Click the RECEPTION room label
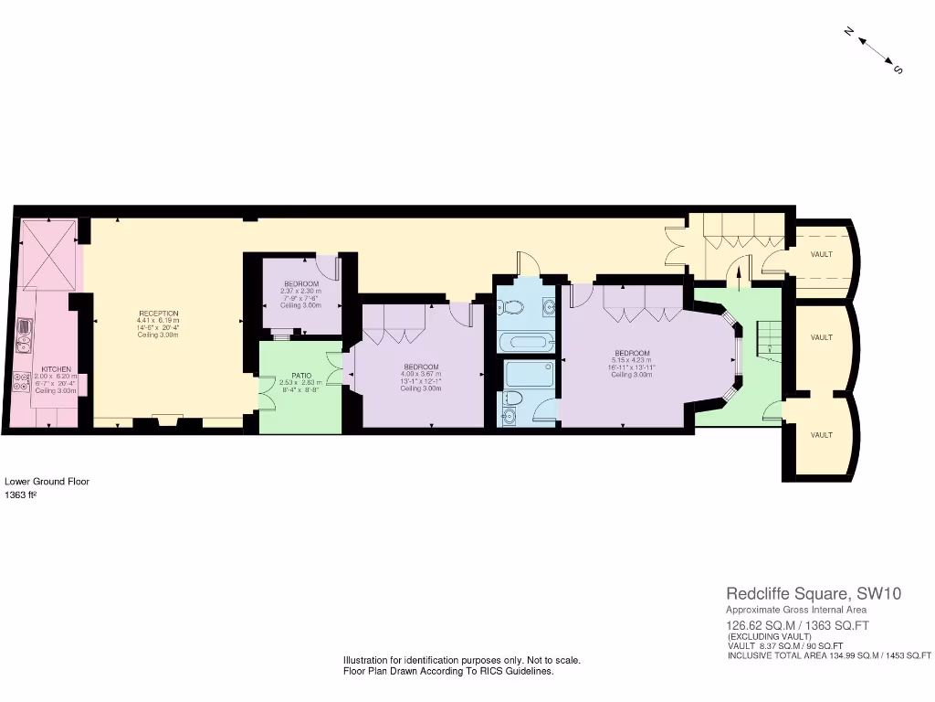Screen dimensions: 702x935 point(157,314)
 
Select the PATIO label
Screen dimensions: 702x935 point(301,375)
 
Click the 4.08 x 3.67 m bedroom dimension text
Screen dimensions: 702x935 point(421,374)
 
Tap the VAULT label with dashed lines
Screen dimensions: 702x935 point(821,254)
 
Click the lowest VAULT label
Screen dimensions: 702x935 point(821,435)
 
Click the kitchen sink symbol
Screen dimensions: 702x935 point(24,335)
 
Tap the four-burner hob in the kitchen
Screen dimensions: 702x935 point(22,382)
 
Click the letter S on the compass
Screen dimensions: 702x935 point(898,69)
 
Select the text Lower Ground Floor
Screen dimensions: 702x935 point(47,481)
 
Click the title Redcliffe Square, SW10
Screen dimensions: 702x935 point(814,593)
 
